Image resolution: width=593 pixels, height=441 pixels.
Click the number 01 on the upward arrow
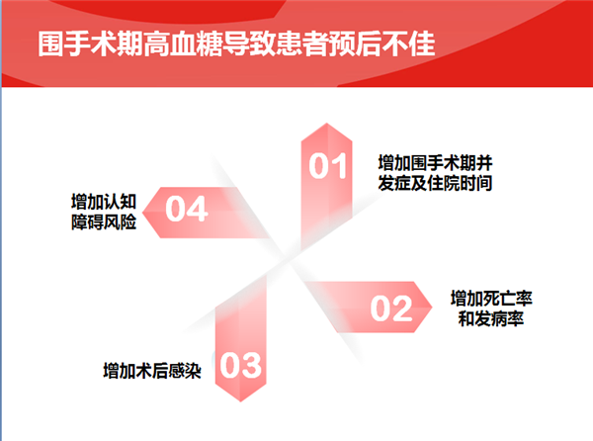pos(327,166)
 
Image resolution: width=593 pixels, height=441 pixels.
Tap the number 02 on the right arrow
pos(391,309)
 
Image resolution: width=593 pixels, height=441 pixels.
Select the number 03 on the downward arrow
pos(240,365)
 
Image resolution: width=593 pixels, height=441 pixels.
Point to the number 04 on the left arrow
pos(187,209)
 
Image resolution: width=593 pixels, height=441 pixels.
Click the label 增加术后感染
pos(152,371)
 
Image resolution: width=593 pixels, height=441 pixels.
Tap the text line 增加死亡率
pos(491,299)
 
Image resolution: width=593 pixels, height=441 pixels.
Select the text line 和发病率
pos(491,318)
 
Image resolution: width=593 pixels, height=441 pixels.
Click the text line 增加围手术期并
pos(435,163)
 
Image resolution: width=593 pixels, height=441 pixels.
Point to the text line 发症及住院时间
pos(435,183)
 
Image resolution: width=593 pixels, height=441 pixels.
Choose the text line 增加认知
pos(104,202)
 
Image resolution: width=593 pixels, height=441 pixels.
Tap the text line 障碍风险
pos(104,221)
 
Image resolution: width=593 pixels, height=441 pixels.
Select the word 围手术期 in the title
pos(91,44)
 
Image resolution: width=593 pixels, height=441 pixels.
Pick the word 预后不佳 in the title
pos(381,44)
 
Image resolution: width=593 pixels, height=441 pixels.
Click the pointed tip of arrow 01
pos(327,123)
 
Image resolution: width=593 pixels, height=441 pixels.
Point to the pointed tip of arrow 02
pos(432,307)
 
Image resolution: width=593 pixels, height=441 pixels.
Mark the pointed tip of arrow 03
pos(241,401)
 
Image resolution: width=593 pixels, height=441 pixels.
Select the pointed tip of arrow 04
pos(142,213)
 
